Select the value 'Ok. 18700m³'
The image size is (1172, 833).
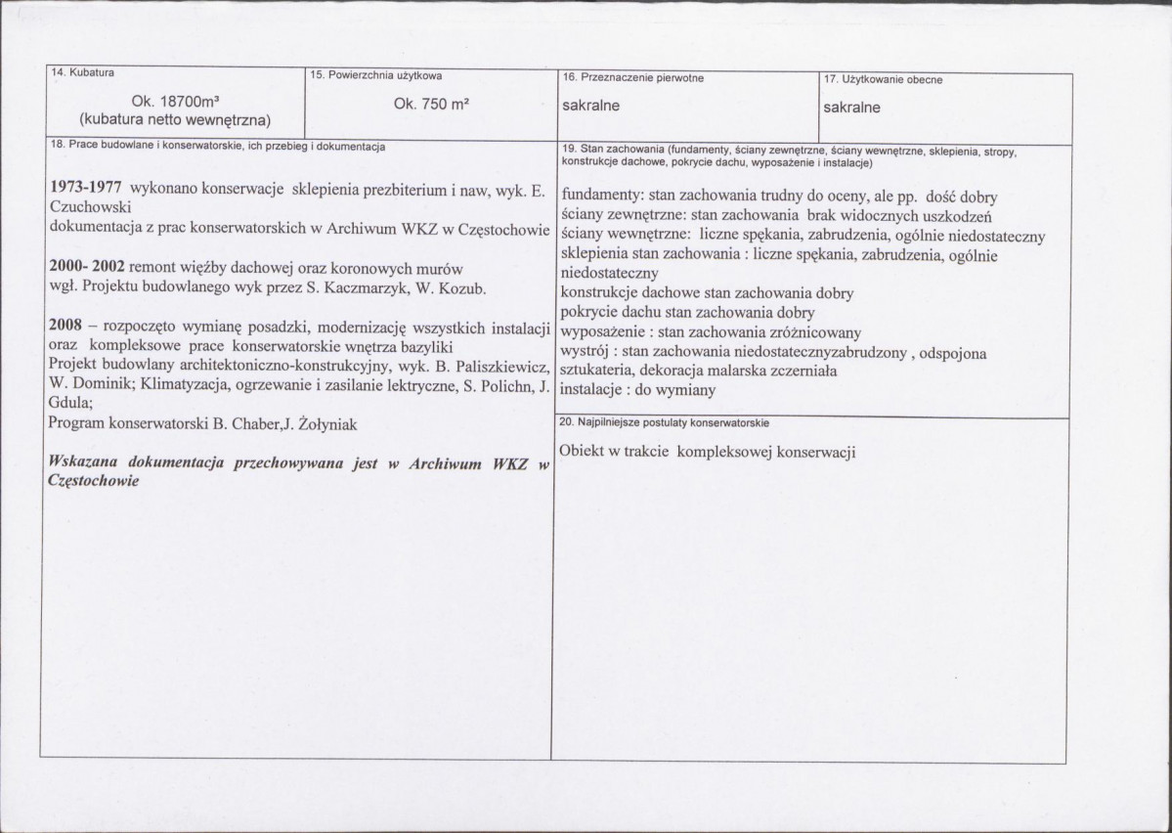point(175,102)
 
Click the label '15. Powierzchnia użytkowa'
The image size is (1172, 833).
point(374,75)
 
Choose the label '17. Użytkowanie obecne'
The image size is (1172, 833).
point(884,79)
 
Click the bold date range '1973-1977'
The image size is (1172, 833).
point(84,188)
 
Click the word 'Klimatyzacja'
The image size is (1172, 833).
point(184,384)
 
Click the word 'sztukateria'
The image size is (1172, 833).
point(597,371)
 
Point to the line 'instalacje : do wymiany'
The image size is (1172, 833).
point(638,389)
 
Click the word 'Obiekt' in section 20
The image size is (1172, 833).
point(583,451)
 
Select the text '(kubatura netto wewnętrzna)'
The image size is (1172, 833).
point(175,120)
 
